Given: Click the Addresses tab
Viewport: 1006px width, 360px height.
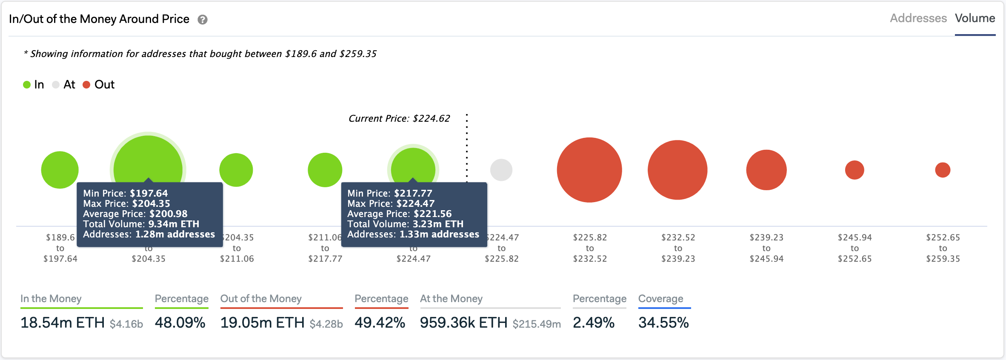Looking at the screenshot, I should [x=918, y=18].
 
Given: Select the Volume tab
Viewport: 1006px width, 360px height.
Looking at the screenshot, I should [x=975, y=18].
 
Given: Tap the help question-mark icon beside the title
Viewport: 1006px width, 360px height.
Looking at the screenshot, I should [x=203, y=20].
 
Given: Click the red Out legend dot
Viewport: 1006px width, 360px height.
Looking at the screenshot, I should [x=86, y=85].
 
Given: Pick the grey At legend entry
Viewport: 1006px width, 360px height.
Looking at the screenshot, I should [x=64, y=85].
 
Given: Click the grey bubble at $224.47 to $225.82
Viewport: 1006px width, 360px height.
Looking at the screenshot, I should [x=501, y=170].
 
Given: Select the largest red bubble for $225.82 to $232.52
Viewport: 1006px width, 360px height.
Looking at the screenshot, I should [x=589, y=170].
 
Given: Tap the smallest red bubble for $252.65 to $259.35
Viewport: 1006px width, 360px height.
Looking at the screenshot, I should [x=943, y=170].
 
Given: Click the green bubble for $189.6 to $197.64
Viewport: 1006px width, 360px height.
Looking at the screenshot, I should [x=60, y=170].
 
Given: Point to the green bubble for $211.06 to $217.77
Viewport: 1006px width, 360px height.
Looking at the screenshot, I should [x=325, y=170].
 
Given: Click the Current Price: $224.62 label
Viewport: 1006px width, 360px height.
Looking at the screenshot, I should [x=399, y=118].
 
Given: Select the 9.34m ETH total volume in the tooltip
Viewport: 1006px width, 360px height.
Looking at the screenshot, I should [x=174, y=224].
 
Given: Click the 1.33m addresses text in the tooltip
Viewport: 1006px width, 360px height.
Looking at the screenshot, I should [x=439, y=234].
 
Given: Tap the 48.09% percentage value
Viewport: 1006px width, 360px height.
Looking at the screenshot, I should [x=180, y=323].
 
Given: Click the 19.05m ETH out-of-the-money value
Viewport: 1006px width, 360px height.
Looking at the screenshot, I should [x=262, y=323].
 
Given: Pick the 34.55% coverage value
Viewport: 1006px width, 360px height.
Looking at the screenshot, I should [x=663, y=323].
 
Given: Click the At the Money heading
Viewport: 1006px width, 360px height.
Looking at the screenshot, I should [x=451, y=299].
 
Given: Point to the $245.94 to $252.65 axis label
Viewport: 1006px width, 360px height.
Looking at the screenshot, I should [x=855, y=248].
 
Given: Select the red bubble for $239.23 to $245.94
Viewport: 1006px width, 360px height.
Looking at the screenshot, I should [x=766, y=170].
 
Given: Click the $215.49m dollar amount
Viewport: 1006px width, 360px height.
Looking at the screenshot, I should [x=536, y=324].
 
